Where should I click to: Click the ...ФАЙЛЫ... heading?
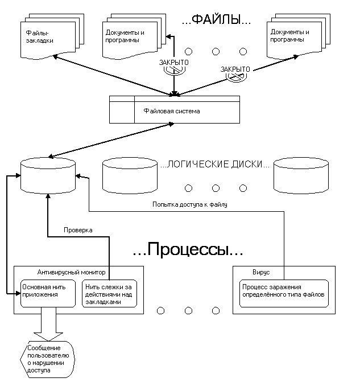pos(216,22)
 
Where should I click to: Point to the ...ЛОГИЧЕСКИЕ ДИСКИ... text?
pos(215,165)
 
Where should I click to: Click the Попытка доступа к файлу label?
pos(189,204)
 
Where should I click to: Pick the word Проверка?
pos(77,229)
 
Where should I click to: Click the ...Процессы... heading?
pos(180,249)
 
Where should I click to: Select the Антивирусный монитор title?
pos(71,272)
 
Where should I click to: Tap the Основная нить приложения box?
pos(48,291)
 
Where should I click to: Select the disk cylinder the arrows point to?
pos(48,175)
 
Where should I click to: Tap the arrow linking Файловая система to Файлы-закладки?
pos(114,73)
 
